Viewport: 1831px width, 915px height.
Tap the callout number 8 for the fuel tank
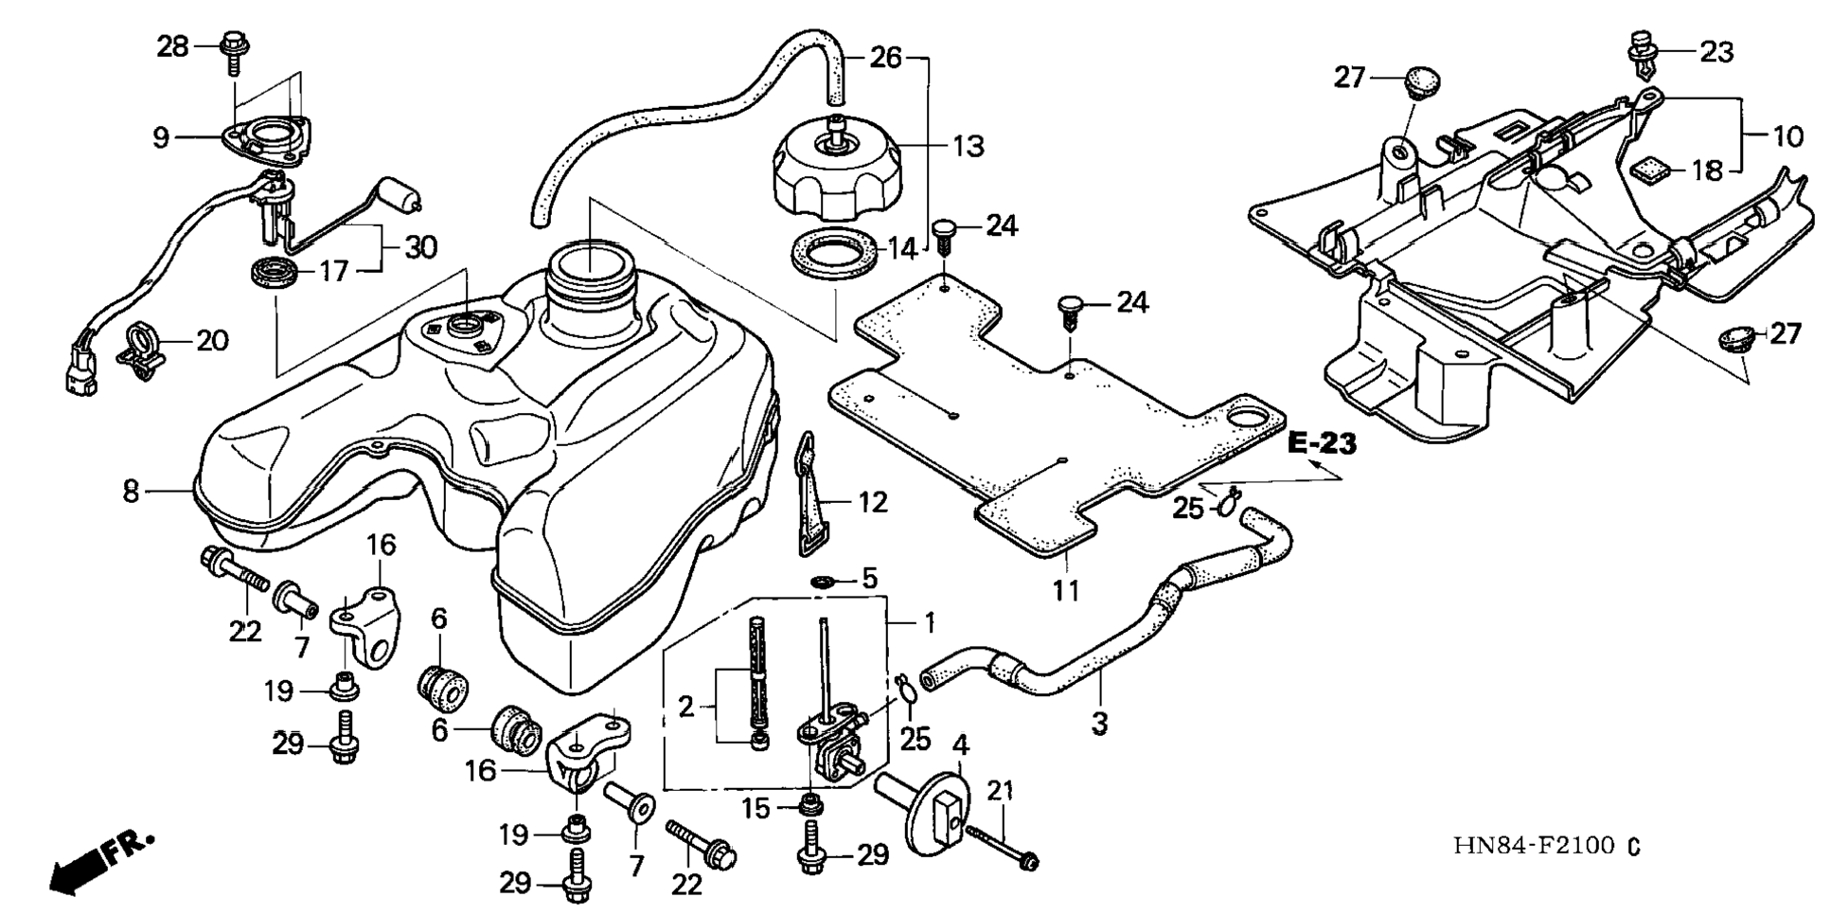coord(132,491)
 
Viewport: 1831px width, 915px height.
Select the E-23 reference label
coord(1323,442)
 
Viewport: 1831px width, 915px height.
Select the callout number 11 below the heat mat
coord(1066,590)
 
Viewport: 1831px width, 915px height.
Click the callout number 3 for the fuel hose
coord(1099,724)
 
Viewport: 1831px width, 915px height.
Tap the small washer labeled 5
coord(822,579)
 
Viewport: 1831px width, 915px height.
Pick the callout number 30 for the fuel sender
coord(421,248)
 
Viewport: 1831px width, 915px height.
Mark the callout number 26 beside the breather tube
coord(886,58)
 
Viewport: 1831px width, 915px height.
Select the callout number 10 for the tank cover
coord(1787,136)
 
